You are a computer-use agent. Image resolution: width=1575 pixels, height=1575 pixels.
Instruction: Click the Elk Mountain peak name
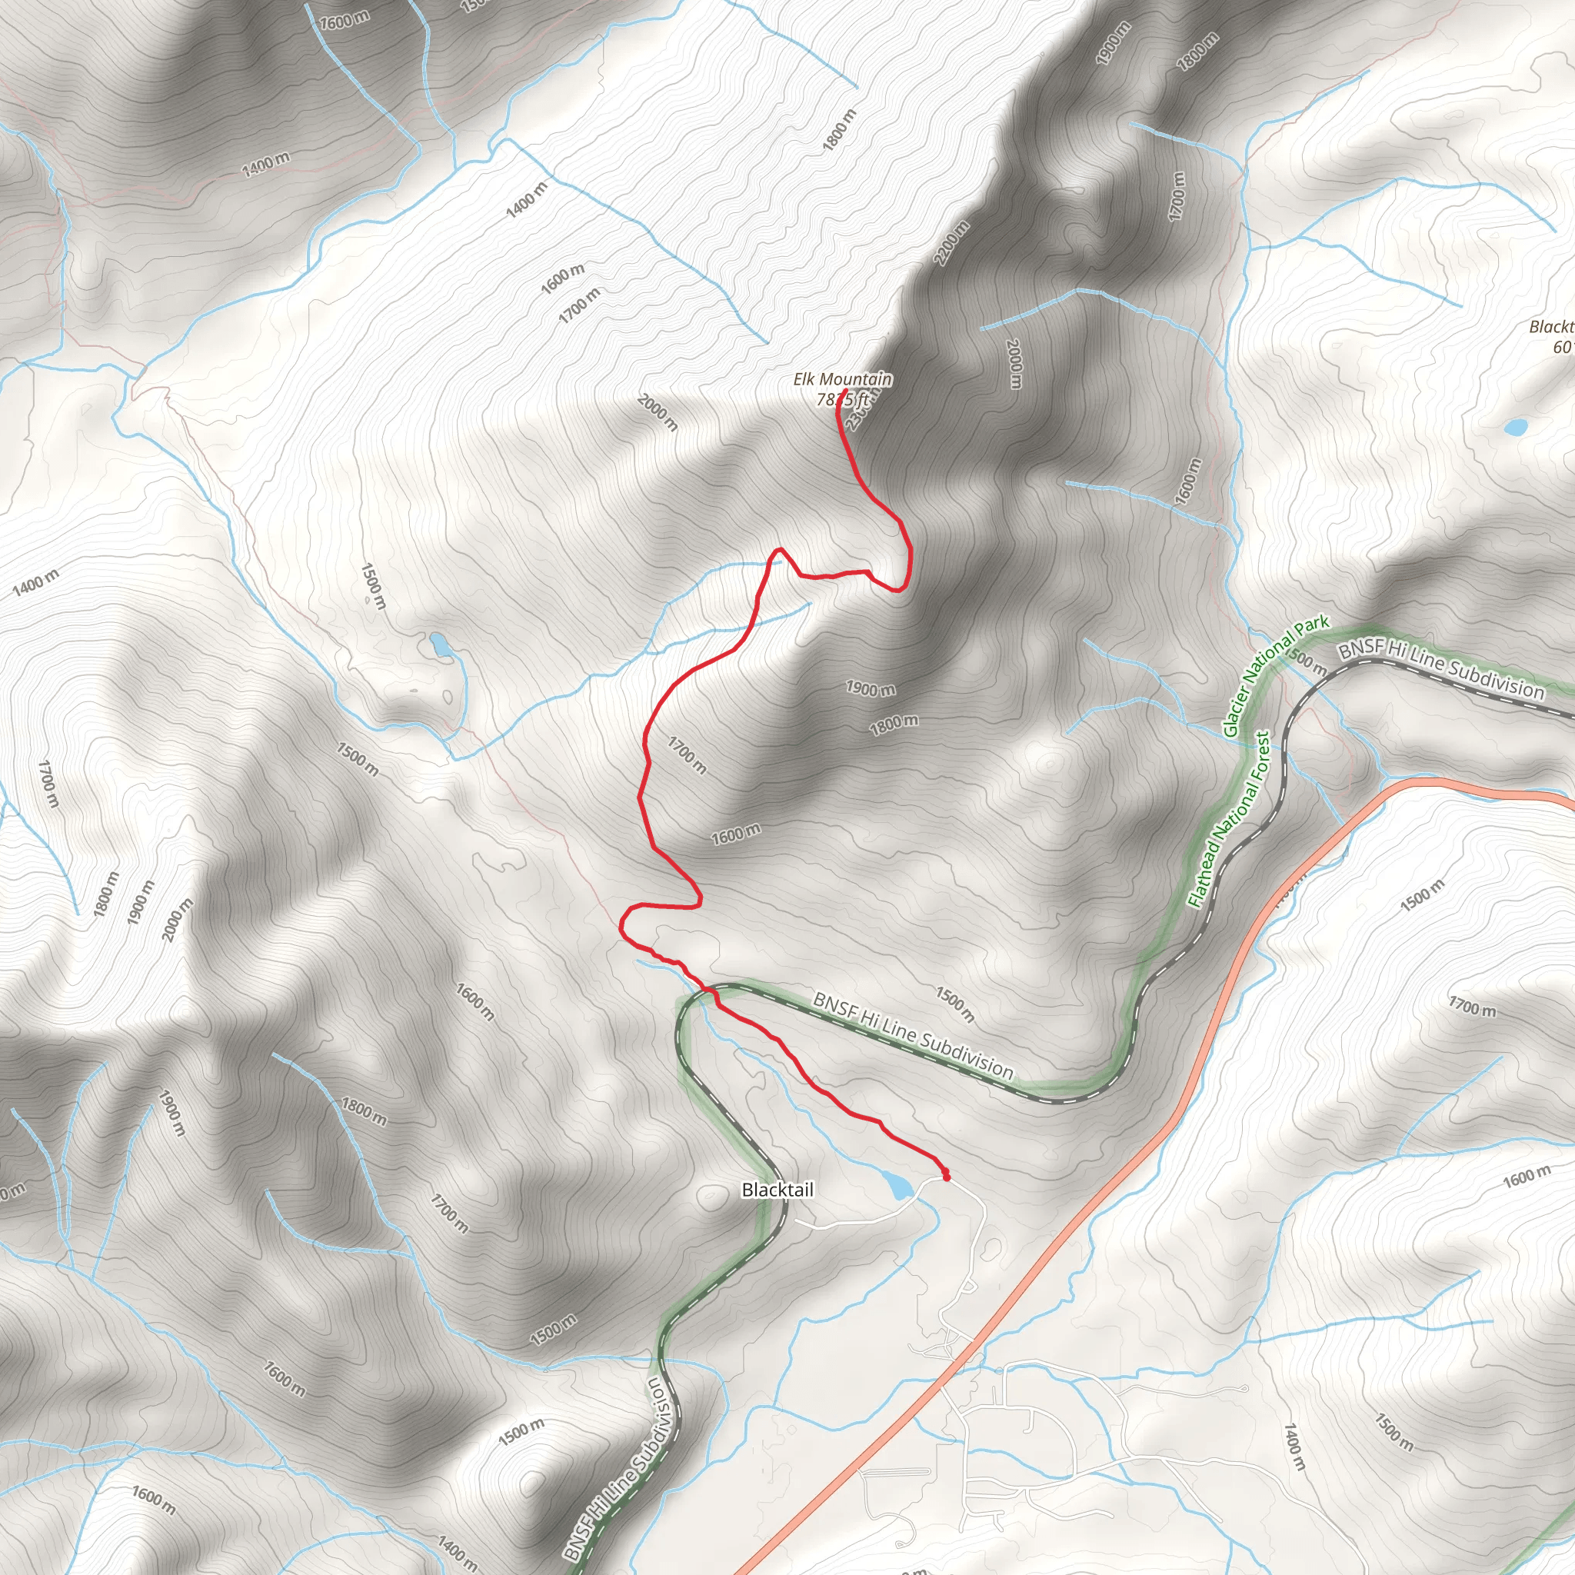pyautogui.click(x=842, y=379)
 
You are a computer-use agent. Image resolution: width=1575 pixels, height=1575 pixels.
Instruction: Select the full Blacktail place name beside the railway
pyautogui.click(x=777, y=1190)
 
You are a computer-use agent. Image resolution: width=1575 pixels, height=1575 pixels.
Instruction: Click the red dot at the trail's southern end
pyautogui.click(x=947, y=1177)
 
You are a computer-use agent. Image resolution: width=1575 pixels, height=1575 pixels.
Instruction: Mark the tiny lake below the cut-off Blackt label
pyautogui.click(x=1517, y=426)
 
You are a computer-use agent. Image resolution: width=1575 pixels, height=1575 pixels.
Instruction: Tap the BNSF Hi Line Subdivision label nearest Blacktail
pyautogui.click(x=913, y=1034)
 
